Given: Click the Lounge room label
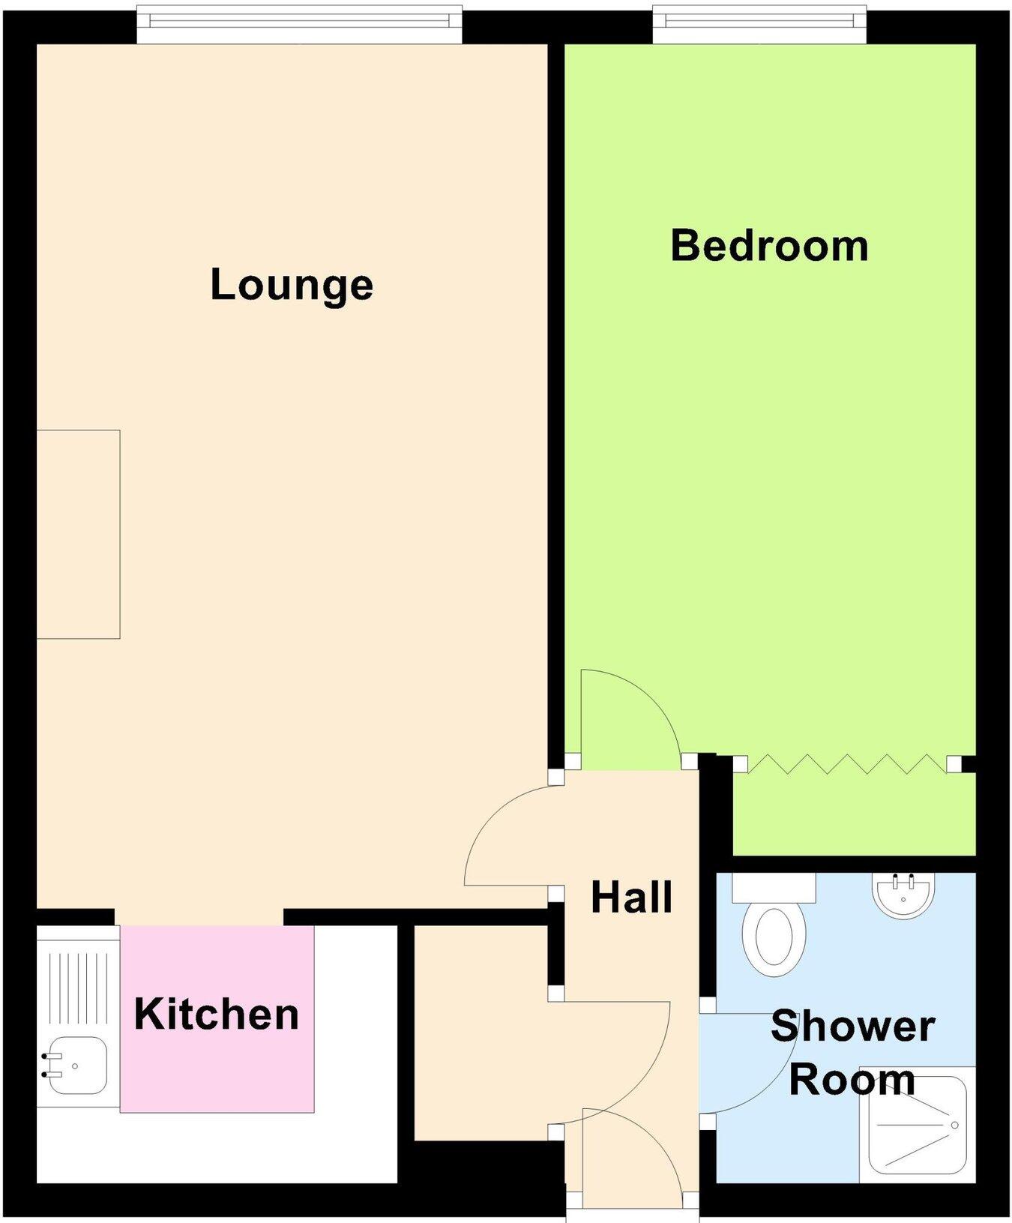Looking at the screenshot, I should (292, 285).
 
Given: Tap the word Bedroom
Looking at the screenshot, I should (769, 246).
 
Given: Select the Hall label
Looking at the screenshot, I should (631, 898).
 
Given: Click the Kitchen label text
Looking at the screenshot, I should (217, 1015).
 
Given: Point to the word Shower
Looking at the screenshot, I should (852, 1026).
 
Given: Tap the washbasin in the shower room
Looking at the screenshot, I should (904, 896).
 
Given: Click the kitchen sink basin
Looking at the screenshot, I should (75, 1065).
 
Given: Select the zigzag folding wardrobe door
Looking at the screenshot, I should (846, 764).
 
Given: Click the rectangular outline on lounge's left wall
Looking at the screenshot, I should (78, 534).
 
